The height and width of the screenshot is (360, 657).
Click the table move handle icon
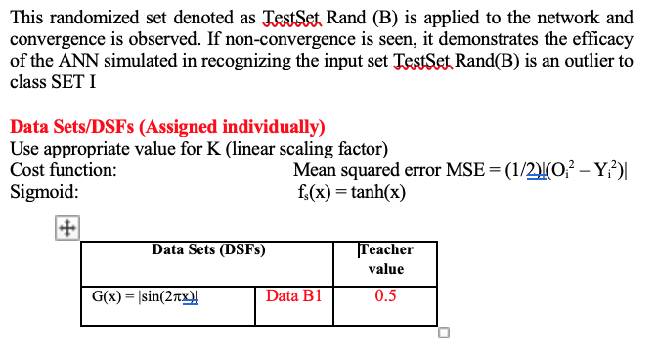tap(67, 228)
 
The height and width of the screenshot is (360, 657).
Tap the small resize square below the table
tap(444, 333)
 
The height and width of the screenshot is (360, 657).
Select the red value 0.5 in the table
tap(385, 295)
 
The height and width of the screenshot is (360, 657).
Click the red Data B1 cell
tap(293, 295)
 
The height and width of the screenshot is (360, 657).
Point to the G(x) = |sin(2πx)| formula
tap(145, 296)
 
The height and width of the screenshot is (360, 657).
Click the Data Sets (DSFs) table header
tap(208, 249)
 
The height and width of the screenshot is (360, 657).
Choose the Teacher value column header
tap(386, 259)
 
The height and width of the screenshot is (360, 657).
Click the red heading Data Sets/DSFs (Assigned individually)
tap(167, 127)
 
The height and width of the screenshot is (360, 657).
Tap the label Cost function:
tap(64, 170)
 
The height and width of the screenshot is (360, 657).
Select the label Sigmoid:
tap(44, 192)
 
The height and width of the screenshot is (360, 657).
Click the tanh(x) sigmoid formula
tap(352, 192)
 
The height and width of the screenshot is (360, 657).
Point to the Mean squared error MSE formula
tap(460, 170)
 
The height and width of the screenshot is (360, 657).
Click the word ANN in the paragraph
tap(78, 61)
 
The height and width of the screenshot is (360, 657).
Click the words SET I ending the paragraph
tap(73, 82)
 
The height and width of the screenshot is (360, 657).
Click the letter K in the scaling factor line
tap(213, 149)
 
